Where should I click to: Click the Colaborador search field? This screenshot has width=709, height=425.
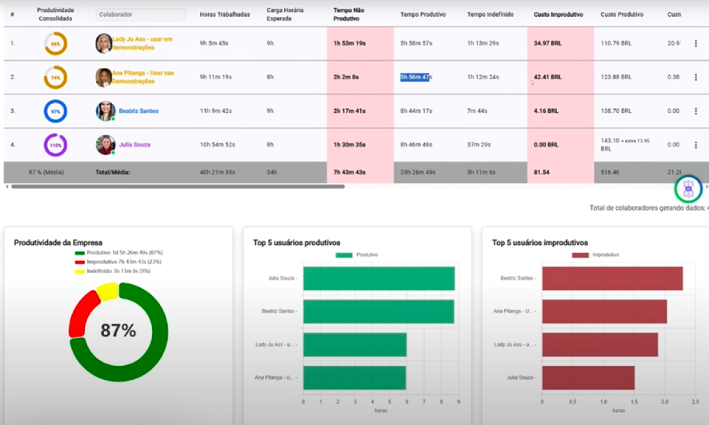pos(141,14)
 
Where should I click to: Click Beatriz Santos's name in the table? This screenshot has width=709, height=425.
pos(138,111)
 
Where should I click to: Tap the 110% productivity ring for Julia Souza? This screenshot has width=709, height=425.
pos(55,145)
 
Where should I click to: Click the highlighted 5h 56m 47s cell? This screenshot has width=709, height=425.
pos(415,77)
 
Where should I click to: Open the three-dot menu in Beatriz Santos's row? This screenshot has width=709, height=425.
pos(696,111)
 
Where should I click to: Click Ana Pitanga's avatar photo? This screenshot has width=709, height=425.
pos(103,77)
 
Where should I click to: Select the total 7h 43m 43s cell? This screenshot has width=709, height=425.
pos(349,172)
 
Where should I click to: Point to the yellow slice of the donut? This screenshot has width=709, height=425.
pos(107,290)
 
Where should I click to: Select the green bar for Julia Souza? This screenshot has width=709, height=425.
pos(379,279)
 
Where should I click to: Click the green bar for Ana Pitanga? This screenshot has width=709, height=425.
pos(354,378)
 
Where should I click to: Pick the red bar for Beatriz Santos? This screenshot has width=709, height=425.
pos(612,279)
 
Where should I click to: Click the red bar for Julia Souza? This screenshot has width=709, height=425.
pos(588,378)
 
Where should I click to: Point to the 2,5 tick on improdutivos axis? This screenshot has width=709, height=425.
pos(695,402)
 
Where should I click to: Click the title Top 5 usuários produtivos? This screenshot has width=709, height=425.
pos(297,243)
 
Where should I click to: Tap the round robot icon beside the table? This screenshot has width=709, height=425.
pos(688,188)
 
